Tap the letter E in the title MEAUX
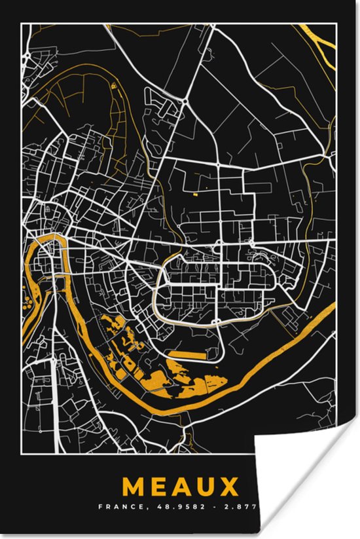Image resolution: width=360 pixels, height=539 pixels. tap(163, 487)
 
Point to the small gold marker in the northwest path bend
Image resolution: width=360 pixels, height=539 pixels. tap(115, 85)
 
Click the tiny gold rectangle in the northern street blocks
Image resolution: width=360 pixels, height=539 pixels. tap(194, 194)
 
